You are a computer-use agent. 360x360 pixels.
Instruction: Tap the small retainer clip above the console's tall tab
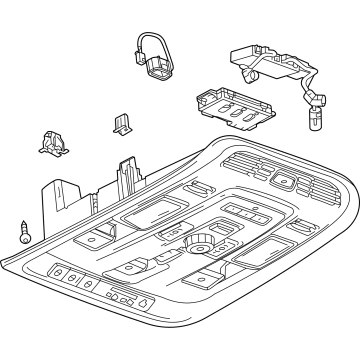(x=122, y=122)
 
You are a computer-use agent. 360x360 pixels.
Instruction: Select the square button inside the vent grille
(x=285, y=183)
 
